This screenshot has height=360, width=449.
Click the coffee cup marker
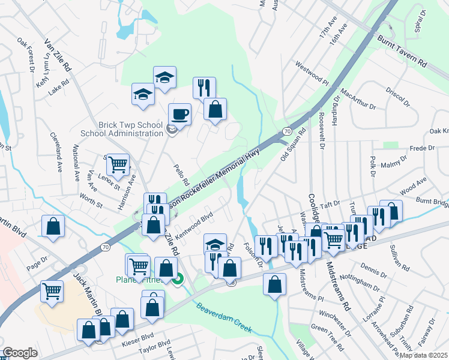click(x=179, y=113)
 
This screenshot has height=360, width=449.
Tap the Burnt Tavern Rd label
click(x=402, y=50)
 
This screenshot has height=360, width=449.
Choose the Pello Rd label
click(x=181, y=175)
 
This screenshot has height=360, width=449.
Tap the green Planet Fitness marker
click(x=178, y=279)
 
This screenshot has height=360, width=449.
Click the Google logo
click(x=20, y=353)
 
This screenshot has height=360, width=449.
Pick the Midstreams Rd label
click(x=337, y=286)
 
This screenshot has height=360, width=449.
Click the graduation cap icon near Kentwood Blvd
click(x=215, y=244)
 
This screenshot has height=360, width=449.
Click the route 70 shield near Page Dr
click(x=106, y=247)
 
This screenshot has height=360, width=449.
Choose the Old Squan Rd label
click(x=293, y=145)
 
